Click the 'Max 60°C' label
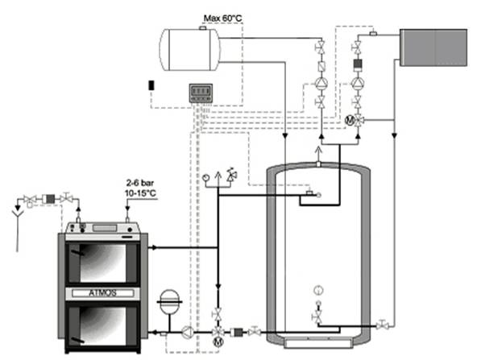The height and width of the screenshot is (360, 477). click(x=222, y=19)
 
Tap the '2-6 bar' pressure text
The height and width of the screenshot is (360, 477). click(x=140, y=183)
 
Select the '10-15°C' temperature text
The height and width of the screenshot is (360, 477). click(x=140, y=193)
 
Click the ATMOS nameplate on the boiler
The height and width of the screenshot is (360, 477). click(x=103, y=293)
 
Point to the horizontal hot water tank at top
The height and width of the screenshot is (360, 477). click(x=189, y=49)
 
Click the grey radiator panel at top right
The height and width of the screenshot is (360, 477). click(x=433, y=48)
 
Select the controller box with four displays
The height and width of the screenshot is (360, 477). click(x=201, y=93)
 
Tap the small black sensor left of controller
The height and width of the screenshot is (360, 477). click(x=151, y=85)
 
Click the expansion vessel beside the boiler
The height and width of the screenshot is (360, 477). click(x=169, y=302)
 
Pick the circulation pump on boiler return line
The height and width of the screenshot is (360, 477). click(x=188, y=332)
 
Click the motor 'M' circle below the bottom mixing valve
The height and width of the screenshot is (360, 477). click(x=218, y=341)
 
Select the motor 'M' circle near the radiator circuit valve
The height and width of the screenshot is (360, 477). click(x=350, y=121)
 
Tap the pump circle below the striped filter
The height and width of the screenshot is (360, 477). click(x=358, y=83)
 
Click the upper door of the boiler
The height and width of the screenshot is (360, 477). click(x=103, y=263)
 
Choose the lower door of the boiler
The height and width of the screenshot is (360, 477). click(x=103, y=325)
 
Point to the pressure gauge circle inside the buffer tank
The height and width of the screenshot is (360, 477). click(x=318, y=290)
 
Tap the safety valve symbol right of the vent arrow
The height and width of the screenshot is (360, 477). click(x=232, y=175)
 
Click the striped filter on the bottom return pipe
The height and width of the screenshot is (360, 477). click(x=236, y=332)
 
